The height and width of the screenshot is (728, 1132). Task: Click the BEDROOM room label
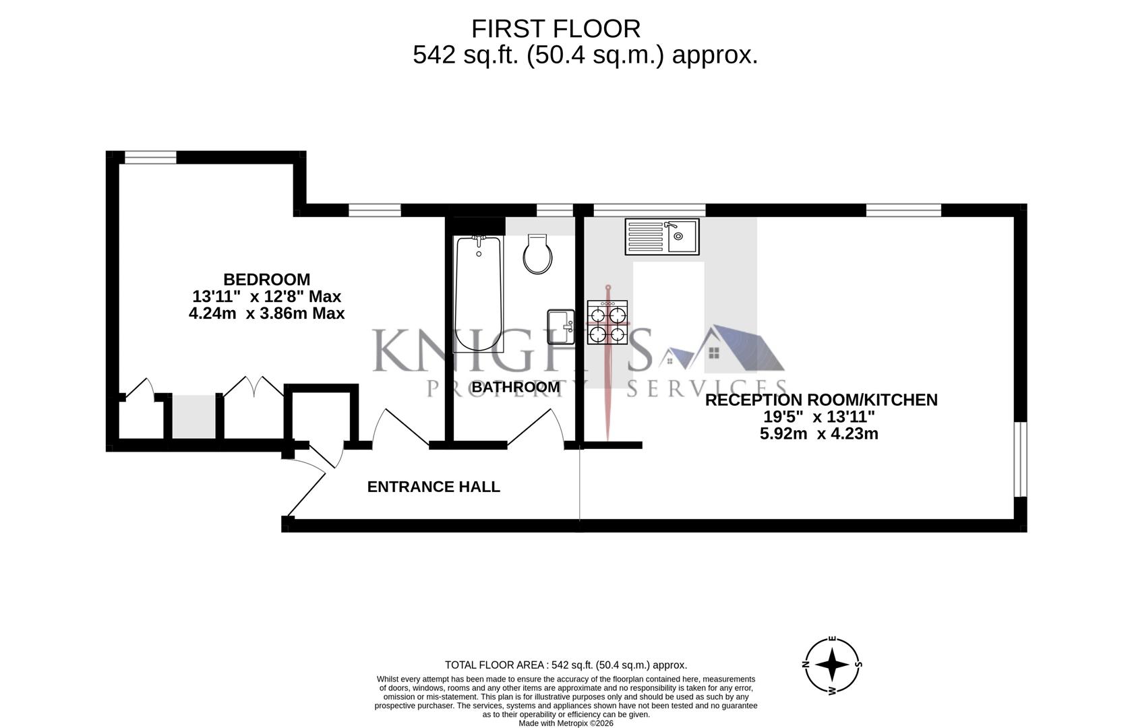click(x=266, y=279)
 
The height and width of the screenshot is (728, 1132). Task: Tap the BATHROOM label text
click(x=516, y=388)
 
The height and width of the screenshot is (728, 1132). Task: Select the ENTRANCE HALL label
click(x=434, y=487)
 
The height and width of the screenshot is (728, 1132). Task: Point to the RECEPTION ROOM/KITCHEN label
click(x=821, y=400)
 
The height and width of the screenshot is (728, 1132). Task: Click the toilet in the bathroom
click(x=538, y=254)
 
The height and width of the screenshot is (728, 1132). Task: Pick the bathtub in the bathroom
click(x=479, y=293)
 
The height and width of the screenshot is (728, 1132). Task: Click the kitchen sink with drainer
click(x=661, y=236)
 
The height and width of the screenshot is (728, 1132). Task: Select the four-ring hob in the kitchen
click(x=607, y=322)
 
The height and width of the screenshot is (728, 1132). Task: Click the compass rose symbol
click(x=833, y=665)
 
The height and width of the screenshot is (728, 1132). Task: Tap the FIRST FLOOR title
click(x=556, y=29)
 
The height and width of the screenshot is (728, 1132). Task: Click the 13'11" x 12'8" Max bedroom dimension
click(x=266, y=297)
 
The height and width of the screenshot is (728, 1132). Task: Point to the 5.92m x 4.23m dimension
click(x=818, y=434)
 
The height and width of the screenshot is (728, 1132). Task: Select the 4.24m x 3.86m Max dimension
click(x=266, y=313)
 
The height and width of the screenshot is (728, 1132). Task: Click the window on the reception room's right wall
click(x=1020, y=459)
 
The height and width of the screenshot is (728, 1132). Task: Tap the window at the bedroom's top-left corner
click(x=150, y=158)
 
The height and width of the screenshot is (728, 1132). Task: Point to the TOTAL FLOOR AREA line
click(x=566, y=665)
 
